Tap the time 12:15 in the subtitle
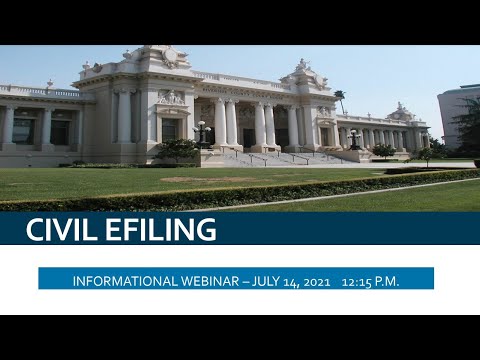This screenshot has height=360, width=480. (358, 281)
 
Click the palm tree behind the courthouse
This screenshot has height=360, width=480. (340, 99)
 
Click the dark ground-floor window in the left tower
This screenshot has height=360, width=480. (170, 129)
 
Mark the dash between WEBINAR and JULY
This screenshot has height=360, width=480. (248, 281)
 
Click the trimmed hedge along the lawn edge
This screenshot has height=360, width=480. (240, 193)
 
